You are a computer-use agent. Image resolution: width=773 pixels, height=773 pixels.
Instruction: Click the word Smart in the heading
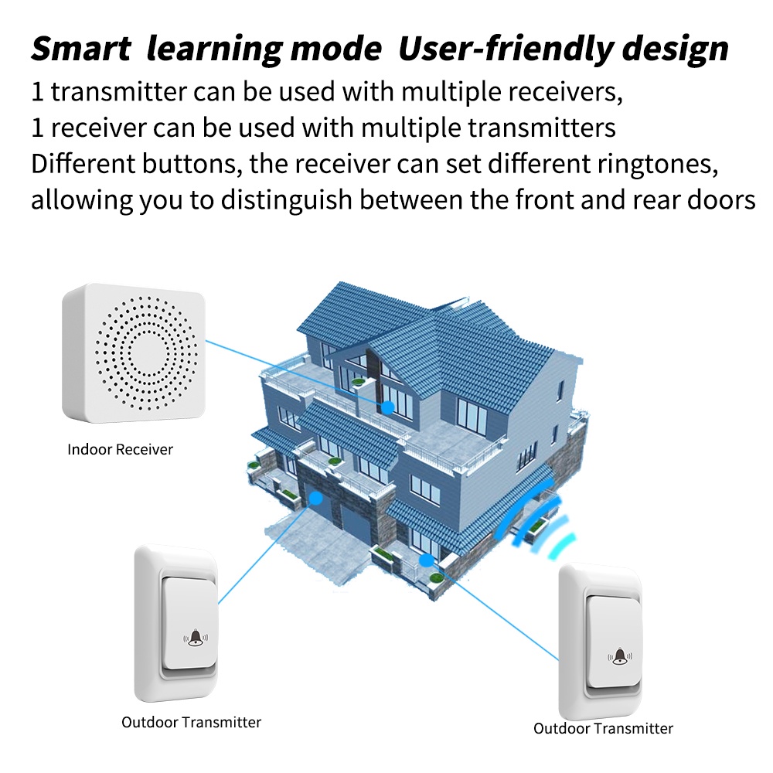(81, 48)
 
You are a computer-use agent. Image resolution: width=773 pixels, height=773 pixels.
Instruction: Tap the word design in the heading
(676, 49)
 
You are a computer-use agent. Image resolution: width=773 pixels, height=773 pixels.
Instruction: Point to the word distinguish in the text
(287, 200)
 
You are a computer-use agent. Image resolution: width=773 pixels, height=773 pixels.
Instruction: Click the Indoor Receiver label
(121, 449)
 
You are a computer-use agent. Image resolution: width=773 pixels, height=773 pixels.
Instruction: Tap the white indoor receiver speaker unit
(134, 353)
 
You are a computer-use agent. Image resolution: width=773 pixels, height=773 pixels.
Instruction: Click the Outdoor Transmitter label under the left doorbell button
(191, 722)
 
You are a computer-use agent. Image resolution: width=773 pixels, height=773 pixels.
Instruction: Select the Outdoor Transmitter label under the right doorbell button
(604, 728)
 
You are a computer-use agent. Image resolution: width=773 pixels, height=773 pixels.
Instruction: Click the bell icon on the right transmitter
(620, 656)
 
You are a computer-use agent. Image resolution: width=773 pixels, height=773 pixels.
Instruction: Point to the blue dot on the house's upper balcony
(388, 407)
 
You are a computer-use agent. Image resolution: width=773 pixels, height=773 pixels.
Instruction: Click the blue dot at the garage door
(315, 499)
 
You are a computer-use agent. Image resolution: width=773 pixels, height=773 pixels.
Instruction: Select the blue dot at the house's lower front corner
(427, 560)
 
